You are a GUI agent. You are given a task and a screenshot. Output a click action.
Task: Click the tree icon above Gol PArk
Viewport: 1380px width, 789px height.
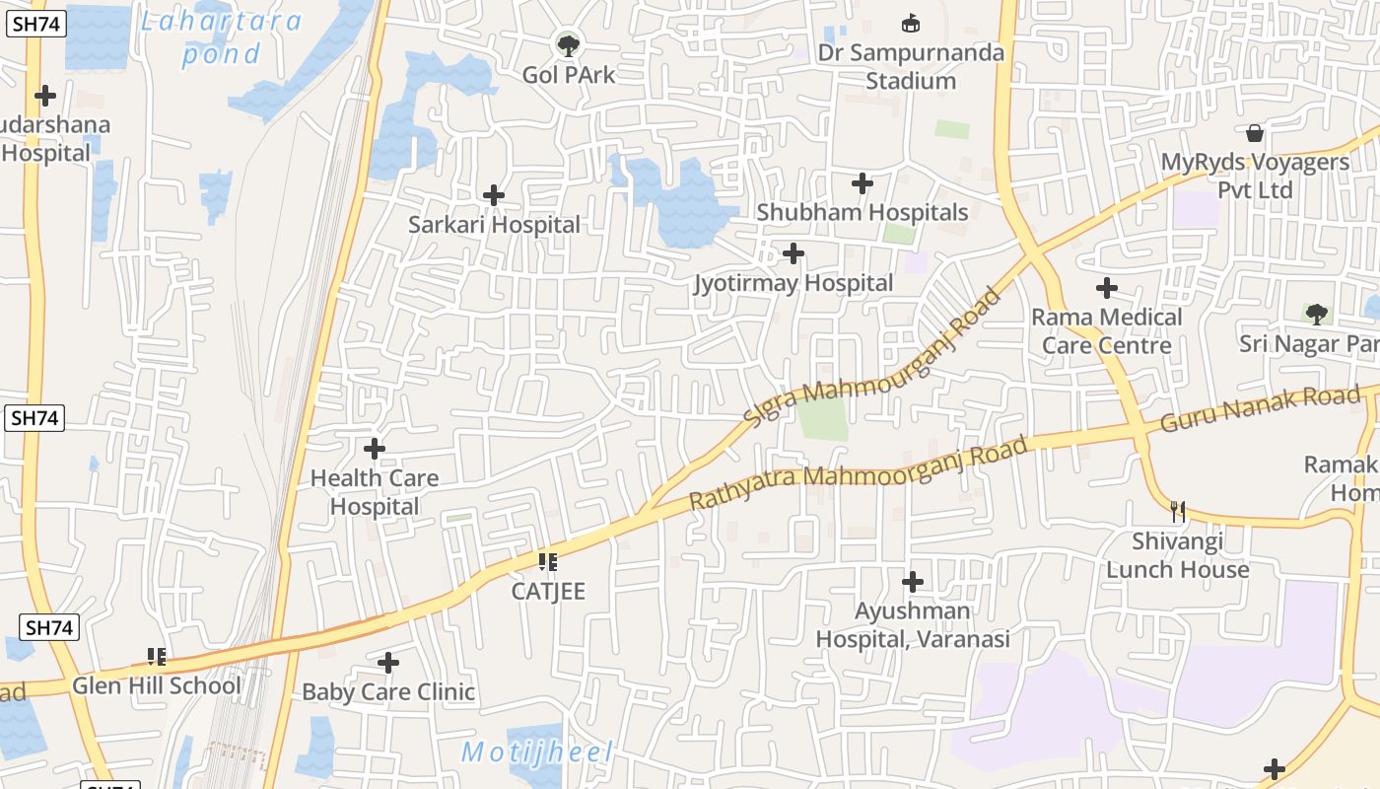click(568, 44)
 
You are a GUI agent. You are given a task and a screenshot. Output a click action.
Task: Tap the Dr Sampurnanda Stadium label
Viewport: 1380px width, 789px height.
click(911, 66)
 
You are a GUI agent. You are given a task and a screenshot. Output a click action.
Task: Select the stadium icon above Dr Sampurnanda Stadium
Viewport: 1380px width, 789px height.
click(911, 23)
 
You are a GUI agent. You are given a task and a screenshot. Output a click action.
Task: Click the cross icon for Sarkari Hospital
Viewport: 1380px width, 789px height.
click(494, 195)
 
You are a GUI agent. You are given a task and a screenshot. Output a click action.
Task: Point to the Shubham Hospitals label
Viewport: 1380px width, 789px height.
click(862, 212)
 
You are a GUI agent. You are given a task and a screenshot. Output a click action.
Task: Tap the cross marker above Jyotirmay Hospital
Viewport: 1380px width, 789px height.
click(793, 254)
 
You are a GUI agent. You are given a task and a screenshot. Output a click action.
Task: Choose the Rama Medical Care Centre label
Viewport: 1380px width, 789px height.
click(1106, 330)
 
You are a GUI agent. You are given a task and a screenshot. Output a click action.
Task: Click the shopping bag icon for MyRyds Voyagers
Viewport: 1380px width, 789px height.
click(1255, 132)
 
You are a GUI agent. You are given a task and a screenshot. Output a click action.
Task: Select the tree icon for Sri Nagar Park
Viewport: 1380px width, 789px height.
click(1316, 315)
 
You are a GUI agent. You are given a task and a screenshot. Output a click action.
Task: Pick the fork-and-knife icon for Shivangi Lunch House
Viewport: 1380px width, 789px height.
click(1177, 511)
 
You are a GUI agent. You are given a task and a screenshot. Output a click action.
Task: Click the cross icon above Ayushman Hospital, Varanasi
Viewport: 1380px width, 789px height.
click(913, 581)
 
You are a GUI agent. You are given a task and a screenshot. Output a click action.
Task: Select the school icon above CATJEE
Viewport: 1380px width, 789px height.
click(548, 562)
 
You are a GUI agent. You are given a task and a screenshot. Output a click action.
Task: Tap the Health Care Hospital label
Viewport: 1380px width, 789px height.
click(374, 491)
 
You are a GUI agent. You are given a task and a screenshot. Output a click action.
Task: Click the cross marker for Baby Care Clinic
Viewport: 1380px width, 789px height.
click(388, 663)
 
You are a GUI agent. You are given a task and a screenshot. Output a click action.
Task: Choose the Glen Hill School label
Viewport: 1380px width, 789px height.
click(156, 685)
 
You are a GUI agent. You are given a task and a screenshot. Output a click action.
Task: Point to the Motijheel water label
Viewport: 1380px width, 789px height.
click(537, 753)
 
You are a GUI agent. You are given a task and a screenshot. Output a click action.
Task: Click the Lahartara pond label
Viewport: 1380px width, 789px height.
click(221, 36)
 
